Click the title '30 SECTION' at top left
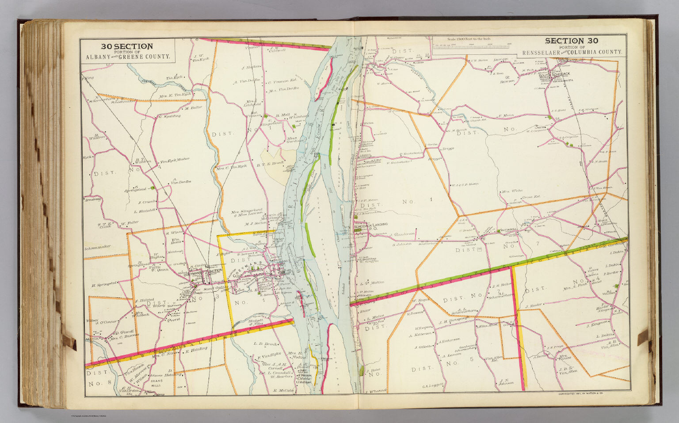click(127, 46)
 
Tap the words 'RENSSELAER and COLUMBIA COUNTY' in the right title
click(572, 53)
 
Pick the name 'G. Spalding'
click(170, 116)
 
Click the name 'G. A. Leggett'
click(433, 385)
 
